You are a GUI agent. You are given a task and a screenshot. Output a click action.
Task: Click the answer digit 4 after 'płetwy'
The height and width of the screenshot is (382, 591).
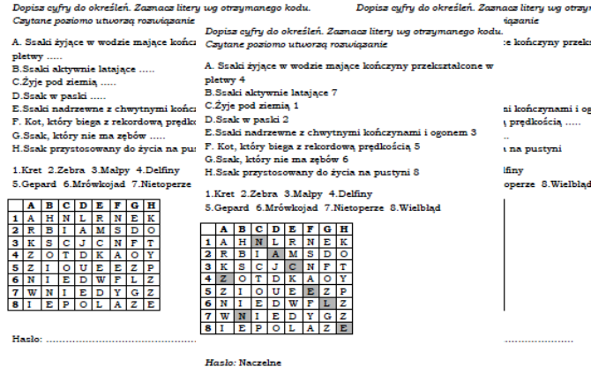pyautogui.click(x=243, y=78)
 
